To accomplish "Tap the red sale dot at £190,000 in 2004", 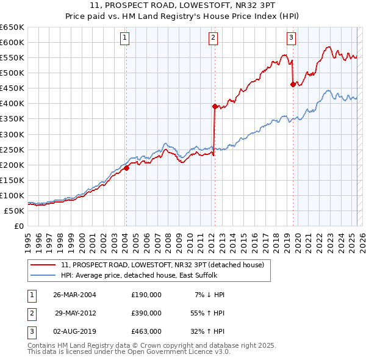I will pos(126,168).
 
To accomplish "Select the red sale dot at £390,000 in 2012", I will pos(215,106).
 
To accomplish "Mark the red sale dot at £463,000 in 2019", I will pos(293,84).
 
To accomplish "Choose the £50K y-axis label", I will pos(15,211).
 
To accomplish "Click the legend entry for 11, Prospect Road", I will pos(162,265).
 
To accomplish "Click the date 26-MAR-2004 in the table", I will pos(75,295).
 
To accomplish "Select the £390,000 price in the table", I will pos(146,313).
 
